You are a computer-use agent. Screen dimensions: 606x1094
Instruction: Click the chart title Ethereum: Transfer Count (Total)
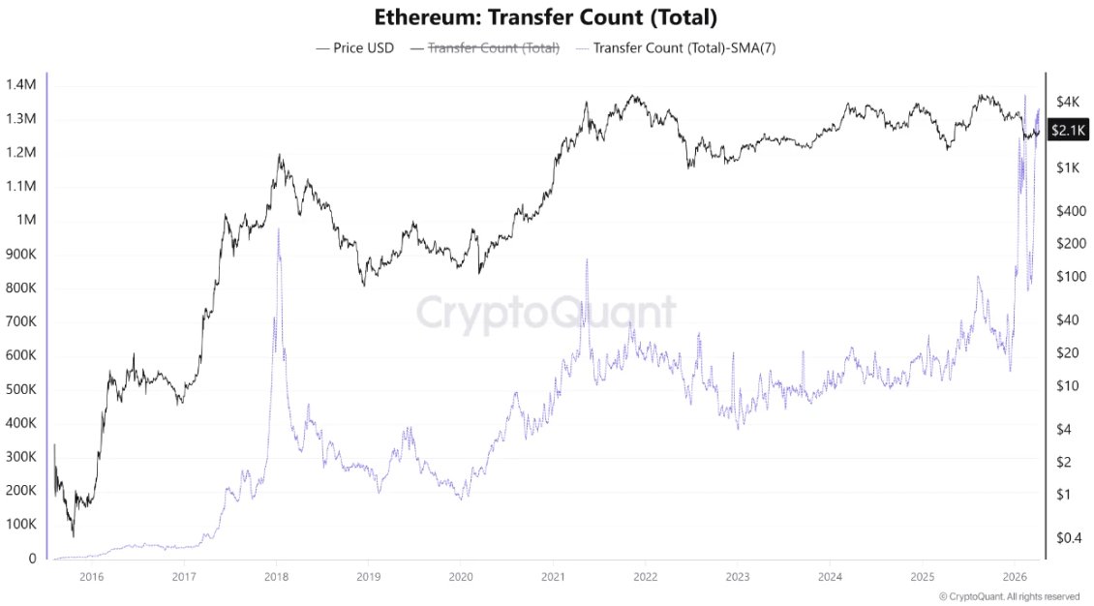point(546,17)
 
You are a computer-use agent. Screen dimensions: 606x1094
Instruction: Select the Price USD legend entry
point(354,47)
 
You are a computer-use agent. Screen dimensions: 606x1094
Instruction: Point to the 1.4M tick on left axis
point(20,85)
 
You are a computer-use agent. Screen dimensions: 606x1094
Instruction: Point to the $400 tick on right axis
point(1071,211)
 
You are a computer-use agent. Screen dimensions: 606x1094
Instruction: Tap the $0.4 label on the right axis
point(1070,537)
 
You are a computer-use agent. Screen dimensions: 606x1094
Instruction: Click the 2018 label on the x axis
point(276,577)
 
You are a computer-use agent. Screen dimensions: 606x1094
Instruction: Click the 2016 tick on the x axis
point(92,577)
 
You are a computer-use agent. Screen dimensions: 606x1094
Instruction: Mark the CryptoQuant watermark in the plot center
point(546,314)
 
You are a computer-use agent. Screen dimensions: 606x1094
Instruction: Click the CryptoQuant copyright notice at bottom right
point(1009,596)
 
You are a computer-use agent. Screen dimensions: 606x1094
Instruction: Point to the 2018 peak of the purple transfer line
point(278,229)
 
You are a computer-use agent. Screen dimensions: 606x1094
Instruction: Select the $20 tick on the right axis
point(1069,353)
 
